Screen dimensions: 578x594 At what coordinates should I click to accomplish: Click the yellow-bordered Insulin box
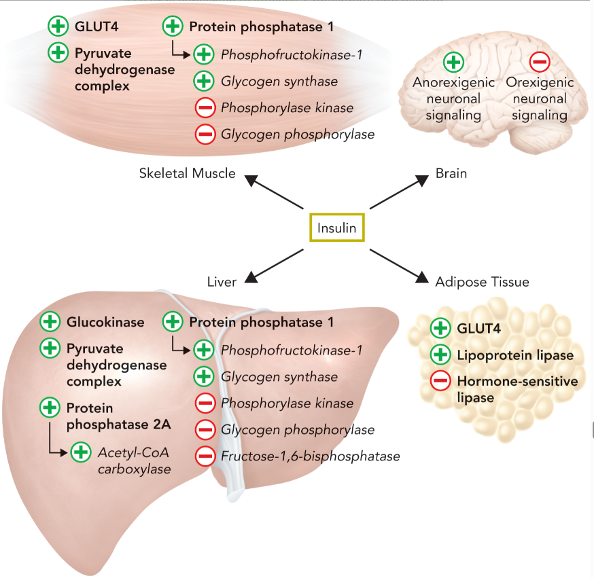[337, 228]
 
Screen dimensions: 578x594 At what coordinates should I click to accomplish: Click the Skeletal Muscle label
[187, 173]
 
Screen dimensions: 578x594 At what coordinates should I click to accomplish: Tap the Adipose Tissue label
[482, 281]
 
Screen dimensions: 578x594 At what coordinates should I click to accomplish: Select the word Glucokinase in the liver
[105, 322]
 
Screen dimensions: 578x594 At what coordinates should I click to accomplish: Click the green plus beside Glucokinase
[50, 322]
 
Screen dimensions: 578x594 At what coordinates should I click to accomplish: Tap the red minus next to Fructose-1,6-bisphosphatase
[205, 456]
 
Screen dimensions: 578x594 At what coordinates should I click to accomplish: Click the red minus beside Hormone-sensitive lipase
[440, 381]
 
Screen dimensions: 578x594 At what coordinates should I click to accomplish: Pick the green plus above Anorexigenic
[453, 62]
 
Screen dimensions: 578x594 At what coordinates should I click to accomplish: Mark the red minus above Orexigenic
[540, 62]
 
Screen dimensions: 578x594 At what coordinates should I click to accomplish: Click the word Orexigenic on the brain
[540, 82]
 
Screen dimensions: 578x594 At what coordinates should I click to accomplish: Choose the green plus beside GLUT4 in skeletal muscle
[58, 27]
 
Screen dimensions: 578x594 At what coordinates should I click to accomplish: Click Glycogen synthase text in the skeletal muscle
[279, 82]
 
